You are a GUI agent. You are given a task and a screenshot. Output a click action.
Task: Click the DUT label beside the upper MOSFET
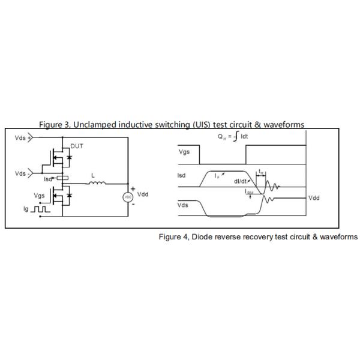[x=78, y=146]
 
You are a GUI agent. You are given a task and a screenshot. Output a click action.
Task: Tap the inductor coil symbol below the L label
[x=97, y=184]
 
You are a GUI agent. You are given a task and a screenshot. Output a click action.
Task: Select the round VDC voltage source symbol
[x=127, y=197]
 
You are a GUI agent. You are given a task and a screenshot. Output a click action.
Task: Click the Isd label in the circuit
[x=48, y=179]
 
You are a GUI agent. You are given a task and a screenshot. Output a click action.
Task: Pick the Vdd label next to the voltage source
[x=143, y=194]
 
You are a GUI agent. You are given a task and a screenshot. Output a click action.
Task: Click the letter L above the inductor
[x=92, y=176]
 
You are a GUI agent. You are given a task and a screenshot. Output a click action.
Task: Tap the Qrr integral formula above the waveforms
[x=234, y=137]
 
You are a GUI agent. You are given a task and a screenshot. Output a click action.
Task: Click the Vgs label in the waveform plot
[x=185, y=152]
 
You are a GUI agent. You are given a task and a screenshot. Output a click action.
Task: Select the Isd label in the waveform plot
[x=183, y=176]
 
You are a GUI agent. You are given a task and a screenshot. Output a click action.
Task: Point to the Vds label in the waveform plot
[x=184, y=205]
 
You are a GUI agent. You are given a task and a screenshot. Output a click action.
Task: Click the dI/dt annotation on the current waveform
[x=241, y=180]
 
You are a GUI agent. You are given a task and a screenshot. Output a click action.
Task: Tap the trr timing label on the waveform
[x=262, y=172]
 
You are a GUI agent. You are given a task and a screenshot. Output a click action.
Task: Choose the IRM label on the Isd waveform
[x=249, y=192]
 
